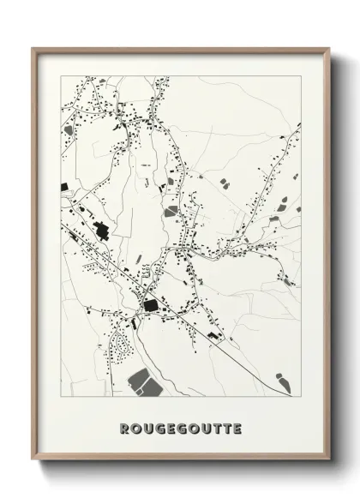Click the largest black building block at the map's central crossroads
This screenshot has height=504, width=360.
coord(151,305)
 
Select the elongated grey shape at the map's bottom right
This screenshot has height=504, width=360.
coord(280,379)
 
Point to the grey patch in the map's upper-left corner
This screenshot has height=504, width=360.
coord(69,130)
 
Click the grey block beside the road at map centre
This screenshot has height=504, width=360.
coord(172,210)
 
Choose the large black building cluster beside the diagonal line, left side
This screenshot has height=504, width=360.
coord(102,230)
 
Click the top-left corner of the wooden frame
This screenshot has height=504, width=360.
coord(33,49)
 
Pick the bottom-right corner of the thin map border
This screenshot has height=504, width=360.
coord(301,396)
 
